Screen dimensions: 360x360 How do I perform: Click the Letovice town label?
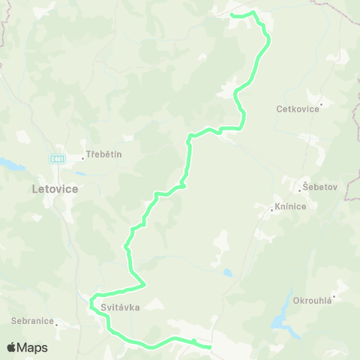(x=55, y=189)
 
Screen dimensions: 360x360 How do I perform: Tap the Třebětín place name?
(x=104, y=154)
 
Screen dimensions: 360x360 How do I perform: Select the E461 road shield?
(x=57, y=159)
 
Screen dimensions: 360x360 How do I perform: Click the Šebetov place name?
(x=316, y=185)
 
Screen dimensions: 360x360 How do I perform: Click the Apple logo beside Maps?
(x=11, y=347)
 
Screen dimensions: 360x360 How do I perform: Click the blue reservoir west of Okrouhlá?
(x=283, y=316)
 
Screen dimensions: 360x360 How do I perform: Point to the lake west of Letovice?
(x=10, y=163)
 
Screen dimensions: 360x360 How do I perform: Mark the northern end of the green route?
(x=231, y=14)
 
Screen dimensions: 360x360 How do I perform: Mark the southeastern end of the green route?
(x=209, y=347)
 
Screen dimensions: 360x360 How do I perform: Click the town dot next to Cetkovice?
(x=321, y=103)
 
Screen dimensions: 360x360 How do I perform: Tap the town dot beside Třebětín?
(x=84, y=156)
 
